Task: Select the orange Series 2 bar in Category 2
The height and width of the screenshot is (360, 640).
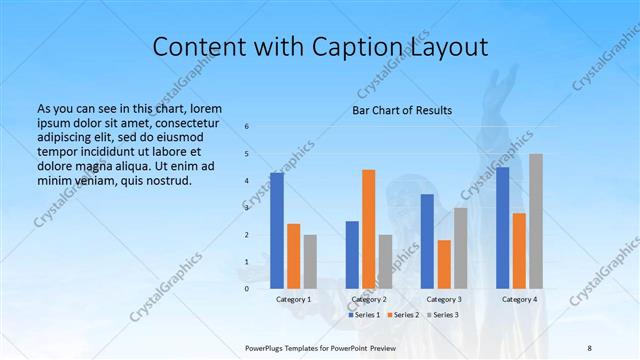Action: (x=369, y=229)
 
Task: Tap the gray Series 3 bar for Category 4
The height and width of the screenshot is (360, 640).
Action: (x=536, y=221)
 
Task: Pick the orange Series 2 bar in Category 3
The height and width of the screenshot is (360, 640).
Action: (x=444, y=264)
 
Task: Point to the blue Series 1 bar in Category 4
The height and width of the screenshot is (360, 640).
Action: (x=503, y=228)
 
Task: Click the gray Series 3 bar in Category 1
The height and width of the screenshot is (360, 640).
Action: (x=310, y=261)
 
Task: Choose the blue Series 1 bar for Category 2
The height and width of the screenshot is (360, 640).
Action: (x=352, y=254)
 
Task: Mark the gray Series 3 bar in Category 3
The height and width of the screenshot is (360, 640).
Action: (x=460, y=248)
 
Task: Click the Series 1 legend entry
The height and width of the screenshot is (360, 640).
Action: (x=363, y=315)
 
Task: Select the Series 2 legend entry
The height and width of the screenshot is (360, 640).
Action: (x=403, y=315)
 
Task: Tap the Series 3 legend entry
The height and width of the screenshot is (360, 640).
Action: (x=443, y=315)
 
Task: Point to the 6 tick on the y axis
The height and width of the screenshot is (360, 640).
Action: (x=247, y=127)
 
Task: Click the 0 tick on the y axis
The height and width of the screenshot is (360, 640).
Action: (x=247, y=288)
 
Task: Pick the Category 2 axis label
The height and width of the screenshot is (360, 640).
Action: (x=369, y=299)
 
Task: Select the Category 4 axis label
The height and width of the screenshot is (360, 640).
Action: (x=519, y=299)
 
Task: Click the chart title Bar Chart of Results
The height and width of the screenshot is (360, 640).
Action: (x=403, y=110)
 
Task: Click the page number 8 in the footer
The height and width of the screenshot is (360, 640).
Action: (x=589, y=347)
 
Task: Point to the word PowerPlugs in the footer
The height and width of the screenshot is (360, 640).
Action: (x=265, y=347)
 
